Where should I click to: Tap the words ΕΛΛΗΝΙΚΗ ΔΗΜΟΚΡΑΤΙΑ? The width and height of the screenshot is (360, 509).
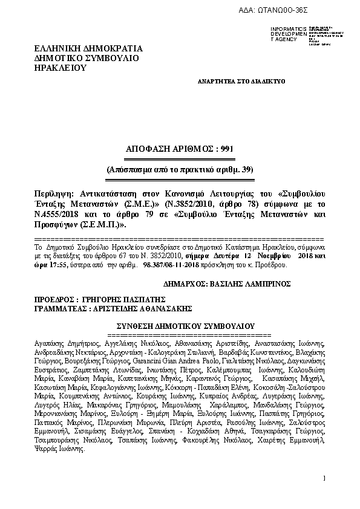(x=88, y=48)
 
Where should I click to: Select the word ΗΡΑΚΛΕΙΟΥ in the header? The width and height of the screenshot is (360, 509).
(x=61, y=68)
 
